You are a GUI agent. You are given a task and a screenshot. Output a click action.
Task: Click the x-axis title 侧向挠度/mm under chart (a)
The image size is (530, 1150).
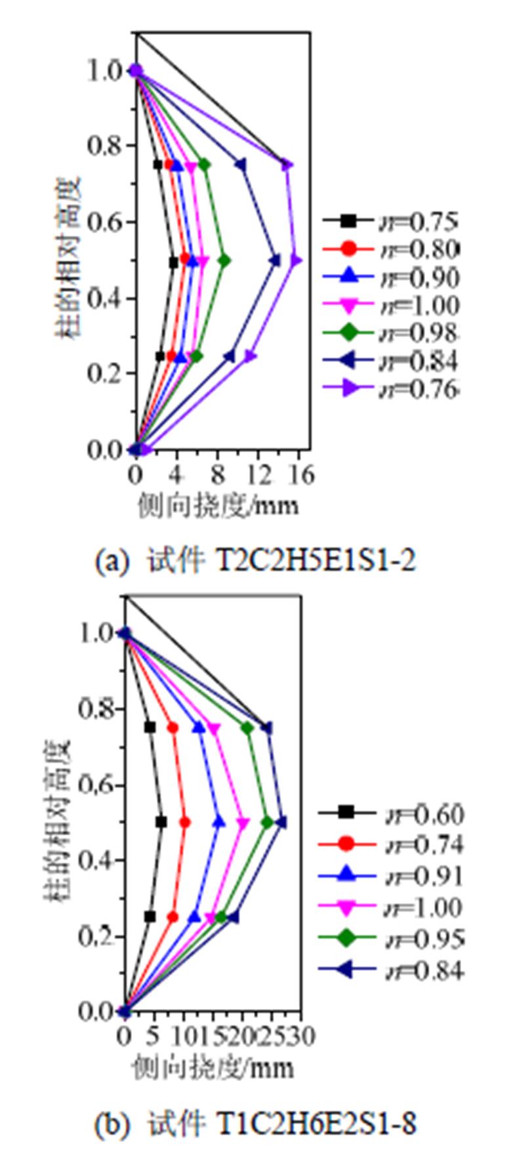tap(218, 505)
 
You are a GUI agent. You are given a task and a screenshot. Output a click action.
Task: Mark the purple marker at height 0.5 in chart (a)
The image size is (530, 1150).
tap(296, 260)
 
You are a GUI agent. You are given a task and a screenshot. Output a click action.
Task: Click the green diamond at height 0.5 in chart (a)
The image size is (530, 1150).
tap(224, 260)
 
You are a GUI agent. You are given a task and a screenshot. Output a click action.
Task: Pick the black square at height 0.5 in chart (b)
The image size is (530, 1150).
tap(161, 822)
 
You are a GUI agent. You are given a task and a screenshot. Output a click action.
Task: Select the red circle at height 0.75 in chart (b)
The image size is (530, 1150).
tap(173, 728)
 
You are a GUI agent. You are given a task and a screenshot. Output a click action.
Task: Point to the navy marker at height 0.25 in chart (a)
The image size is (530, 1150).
tap(229, 357)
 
